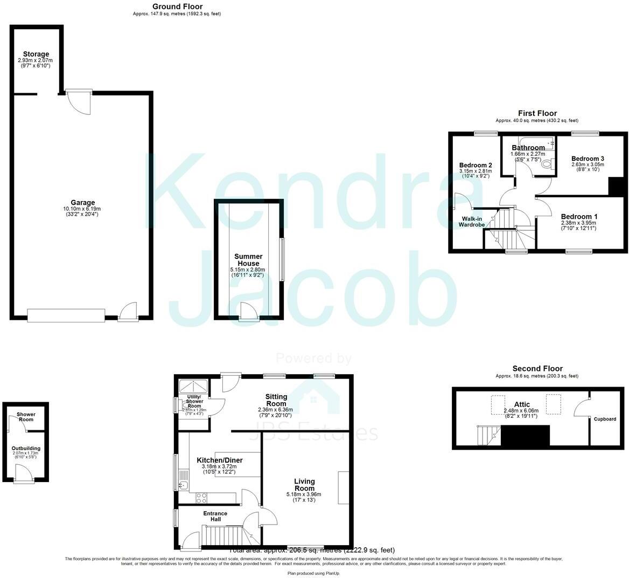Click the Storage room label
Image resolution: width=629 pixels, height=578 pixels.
coord(36,54)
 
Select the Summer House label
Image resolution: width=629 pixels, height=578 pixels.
coord(248,260)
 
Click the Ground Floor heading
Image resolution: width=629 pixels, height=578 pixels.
coord(177,6)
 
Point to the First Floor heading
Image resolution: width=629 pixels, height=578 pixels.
coord(537,113)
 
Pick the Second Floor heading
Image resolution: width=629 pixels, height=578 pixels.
coord(537,369)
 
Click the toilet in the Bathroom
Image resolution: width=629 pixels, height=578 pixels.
coord(548,164)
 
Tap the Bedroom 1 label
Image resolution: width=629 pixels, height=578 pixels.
coord(579,216)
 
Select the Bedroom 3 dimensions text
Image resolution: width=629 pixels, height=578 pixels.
coord(588,167)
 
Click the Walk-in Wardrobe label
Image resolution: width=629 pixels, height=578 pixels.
coord(470,222)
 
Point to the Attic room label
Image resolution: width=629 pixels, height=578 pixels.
coord(522,404)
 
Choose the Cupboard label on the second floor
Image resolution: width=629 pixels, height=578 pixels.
coord(605,419)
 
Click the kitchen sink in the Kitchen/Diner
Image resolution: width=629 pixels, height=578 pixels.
coord(182,485)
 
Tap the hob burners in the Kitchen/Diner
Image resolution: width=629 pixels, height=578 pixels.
coord(201,497)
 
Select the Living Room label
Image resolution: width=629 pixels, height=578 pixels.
coord(304,481)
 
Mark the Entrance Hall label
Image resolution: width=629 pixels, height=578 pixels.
coord(215,516)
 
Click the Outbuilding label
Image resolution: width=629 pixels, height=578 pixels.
coord(26,448)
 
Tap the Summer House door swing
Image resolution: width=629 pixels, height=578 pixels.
coord(248,311)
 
